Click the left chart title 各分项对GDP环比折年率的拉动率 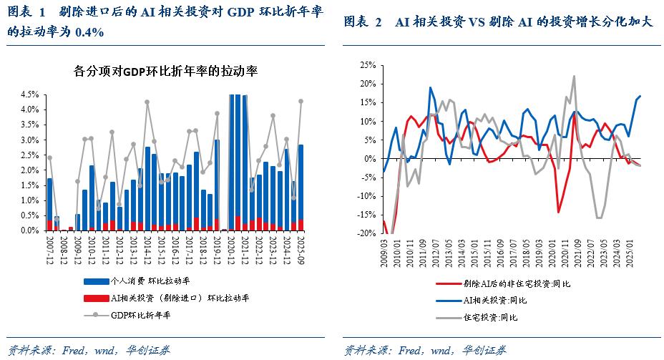(x=165, y=72)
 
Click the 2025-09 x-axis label (x=301, y=248)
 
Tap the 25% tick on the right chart (x=366, y=64)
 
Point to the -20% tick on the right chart (x=365, y=233)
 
